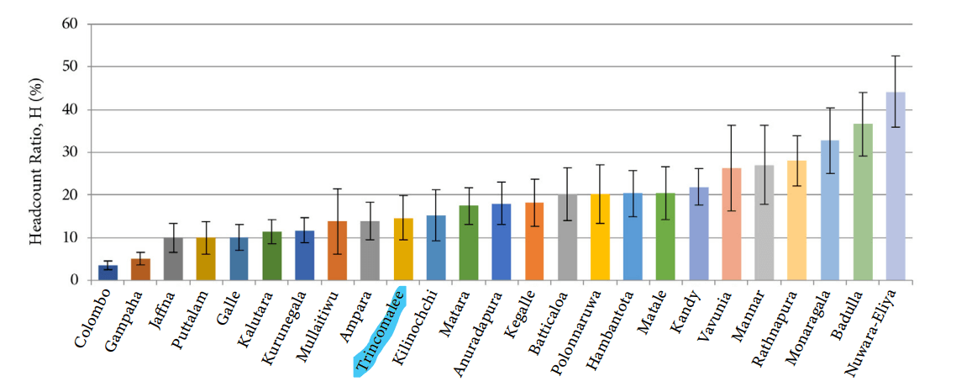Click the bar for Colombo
(x=108, y=273)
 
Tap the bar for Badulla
(x=863, y=202)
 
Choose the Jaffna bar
(x=174, y=259)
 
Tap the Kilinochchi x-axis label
(x=418, y=324)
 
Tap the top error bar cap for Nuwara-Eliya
(x=896, y=56)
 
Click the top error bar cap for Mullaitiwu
(x=338, y=189)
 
